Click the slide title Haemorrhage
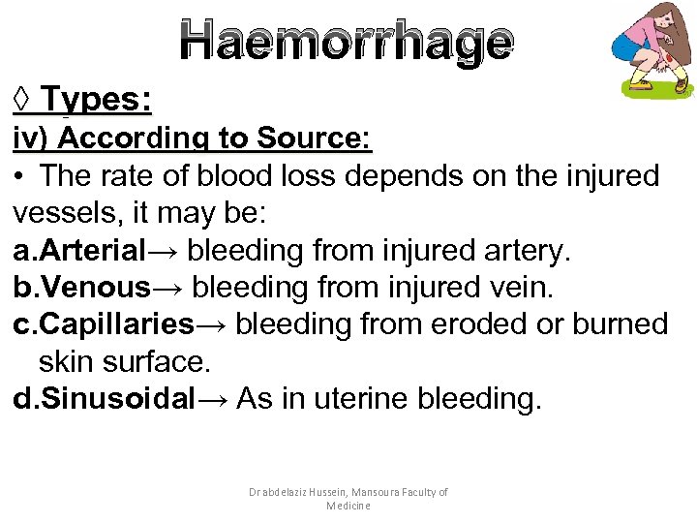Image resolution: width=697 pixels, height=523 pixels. coord(347,43)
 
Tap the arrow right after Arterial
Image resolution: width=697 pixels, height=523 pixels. coord(165,251)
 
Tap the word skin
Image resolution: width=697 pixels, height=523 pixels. coord(67,361)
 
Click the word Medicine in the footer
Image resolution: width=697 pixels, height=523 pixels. coord(348,506)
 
